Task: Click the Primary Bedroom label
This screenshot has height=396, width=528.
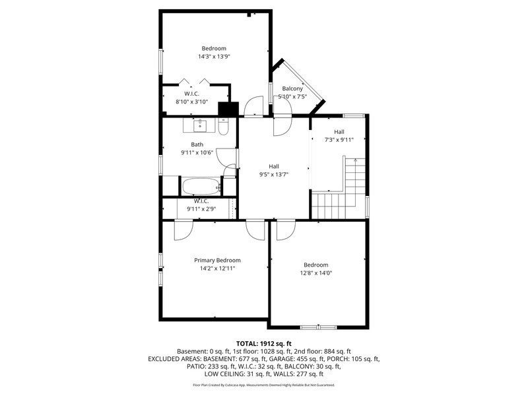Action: coord(217,260)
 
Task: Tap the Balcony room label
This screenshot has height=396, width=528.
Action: coord(292,88)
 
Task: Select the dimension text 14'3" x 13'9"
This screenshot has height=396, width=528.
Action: coord(214,57)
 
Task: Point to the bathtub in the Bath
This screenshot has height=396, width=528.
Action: coord(201,186)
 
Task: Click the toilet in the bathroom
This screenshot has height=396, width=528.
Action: coord(223,126)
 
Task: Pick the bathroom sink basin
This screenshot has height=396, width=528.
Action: coord(200,125)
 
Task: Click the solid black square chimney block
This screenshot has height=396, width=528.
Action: coord(228,109)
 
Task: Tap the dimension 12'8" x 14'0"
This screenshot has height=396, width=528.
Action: coord(316,273)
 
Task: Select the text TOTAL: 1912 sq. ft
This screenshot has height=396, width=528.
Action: coord(263,344)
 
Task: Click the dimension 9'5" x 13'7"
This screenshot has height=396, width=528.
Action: coord(274,174)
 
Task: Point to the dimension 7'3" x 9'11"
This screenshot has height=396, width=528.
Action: coord(339,140)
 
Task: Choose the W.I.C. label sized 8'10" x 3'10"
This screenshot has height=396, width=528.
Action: coord(191,94)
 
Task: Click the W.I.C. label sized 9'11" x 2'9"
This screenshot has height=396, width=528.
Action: coord(201,201)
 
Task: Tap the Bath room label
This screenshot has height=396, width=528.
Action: coord(197,145)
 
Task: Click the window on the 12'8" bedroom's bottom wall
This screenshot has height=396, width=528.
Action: coord(318,327)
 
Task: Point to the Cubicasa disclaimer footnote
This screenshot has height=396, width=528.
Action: coord(263,385)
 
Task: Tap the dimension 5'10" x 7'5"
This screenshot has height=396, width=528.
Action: coord(292,97)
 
